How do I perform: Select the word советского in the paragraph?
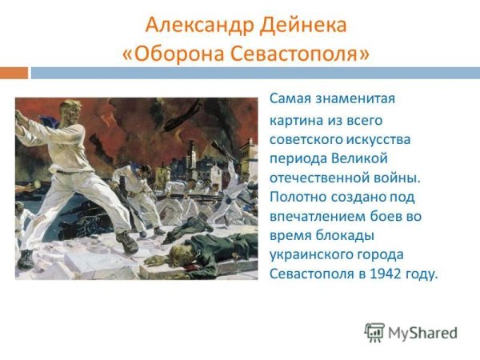click(x=304, y=139)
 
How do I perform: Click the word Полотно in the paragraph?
click(x=297, y=197)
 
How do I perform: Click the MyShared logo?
click(x=410, y=332)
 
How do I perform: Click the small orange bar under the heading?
click(x=14, y=73)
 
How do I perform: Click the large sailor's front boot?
click(x=126, y=242)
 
